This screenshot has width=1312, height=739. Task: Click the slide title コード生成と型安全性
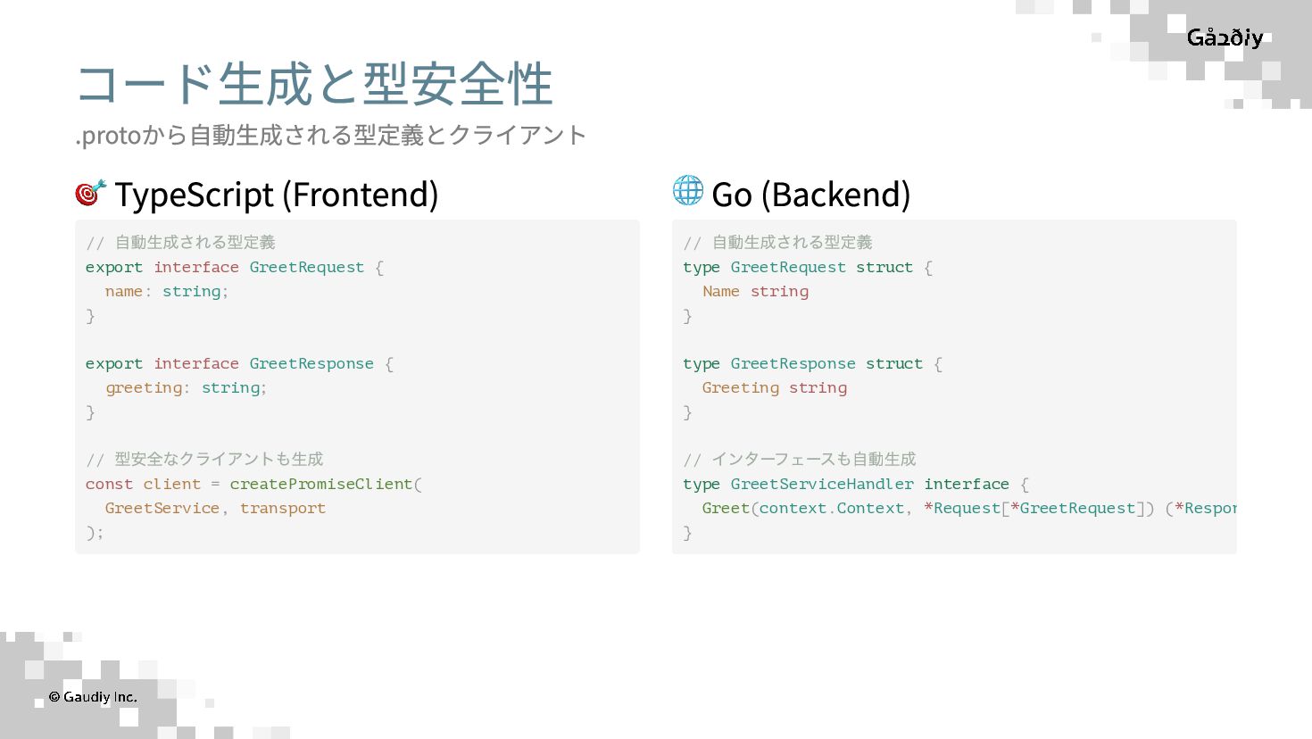[x=314, y=84]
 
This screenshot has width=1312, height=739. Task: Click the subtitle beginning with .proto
[x=330, y=135]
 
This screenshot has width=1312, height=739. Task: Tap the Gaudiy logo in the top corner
[x=1225, y=37]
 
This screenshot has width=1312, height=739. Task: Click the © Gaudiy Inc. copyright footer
[x=93, y=697]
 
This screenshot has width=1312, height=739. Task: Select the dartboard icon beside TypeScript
[x=91, y=192]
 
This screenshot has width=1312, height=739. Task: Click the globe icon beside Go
[x=688, y=190]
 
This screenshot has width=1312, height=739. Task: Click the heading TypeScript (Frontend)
[x=276, y=195]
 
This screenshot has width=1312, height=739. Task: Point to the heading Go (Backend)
[x=810, y=195]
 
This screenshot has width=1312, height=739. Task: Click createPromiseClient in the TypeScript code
[x=321, y=484]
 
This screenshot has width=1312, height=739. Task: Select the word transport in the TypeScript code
[x=282, y=508]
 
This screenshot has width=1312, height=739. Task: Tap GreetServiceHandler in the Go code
[x=822, y=484]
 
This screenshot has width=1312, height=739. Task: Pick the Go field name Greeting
[x=740, y=387]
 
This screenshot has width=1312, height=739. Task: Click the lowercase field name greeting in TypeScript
[x=144, y=387]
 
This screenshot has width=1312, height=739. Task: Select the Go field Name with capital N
[x=720, y=291]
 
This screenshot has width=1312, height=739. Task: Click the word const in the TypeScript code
[x=109, y=484]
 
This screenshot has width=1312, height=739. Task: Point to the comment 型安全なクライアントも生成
[x=219, y=459]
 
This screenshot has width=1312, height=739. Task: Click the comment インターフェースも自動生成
[x=813, y=459]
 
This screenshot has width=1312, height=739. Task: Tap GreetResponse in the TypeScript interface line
[x=311, y=363]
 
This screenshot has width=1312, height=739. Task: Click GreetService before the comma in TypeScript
[x=162, y=508]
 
